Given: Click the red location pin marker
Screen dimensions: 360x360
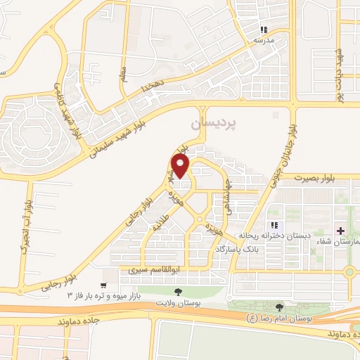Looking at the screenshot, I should point(181,167).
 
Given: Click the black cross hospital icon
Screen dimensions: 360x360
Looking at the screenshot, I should point(340,231).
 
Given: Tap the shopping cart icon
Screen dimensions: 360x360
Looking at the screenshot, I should point(104,285).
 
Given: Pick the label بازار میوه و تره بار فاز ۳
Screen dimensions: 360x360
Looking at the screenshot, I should point(106,297).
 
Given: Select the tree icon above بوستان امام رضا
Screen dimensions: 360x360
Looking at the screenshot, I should point(280,307).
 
